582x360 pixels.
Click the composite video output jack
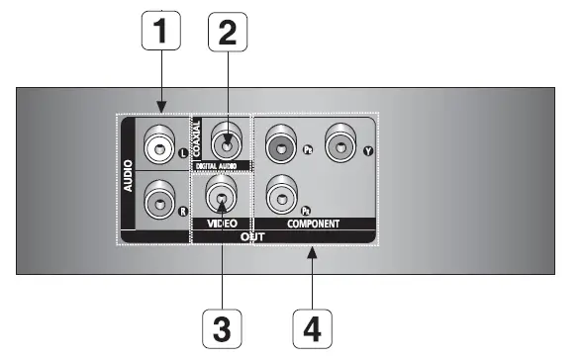(221, 195)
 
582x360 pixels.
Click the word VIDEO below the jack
(221, 225)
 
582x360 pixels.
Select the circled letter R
(181, 211)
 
